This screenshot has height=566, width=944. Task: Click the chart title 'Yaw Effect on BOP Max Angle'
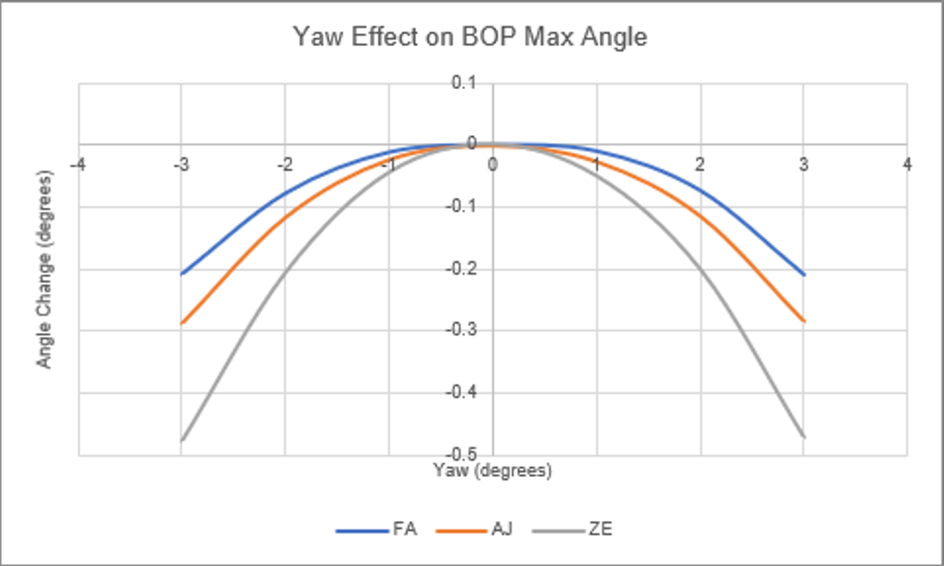point(471,39)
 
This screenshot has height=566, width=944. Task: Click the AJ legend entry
point(502,530)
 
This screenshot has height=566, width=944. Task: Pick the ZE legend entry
point(601,530)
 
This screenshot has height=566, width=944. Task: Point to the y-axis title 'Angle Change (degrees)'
point(42,270)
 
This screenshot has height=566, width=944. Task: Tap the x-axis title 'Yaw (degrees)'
point(492,471)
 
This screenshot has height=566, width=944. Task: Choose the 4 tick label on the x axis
point(907,165)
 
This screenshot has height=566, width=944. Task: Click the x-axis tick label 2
point(699,165)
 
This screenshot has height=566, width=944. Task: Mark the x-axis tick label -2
point(283,165)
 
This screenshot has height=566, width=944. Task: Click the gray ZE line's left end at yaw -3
point(182,440)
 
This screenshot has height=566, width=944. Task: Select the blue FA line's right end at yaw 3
point(803,274)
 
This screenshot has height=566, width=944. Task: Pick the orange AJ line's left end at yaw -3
point(182,322)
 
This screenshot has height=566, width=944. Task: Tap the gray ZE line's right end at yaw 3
point(803,437)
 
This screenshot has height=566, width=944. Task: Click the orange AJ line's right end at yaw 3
point(803,321)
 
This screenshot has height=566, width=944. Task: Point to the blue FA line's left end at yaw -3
point(182,274)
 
